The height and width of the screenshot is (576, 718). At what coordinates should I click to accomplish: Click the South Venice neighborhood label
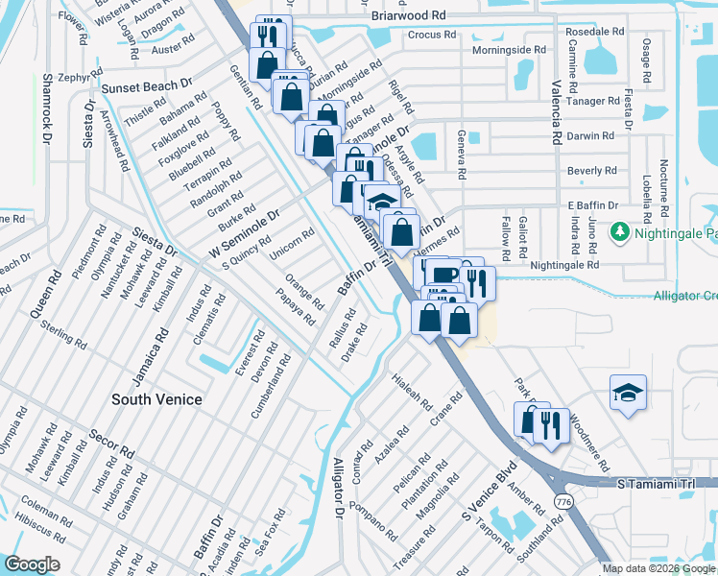click(156, 399)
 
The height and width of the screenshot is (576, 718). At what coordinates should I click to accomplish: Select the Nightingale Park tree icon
click(620, 232)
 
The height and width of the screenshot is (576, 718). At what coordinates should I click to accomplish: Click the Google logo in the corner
click(32, 564)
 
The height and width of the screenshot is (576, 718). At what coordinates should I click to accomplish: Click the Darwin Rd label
click(590, 136)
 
